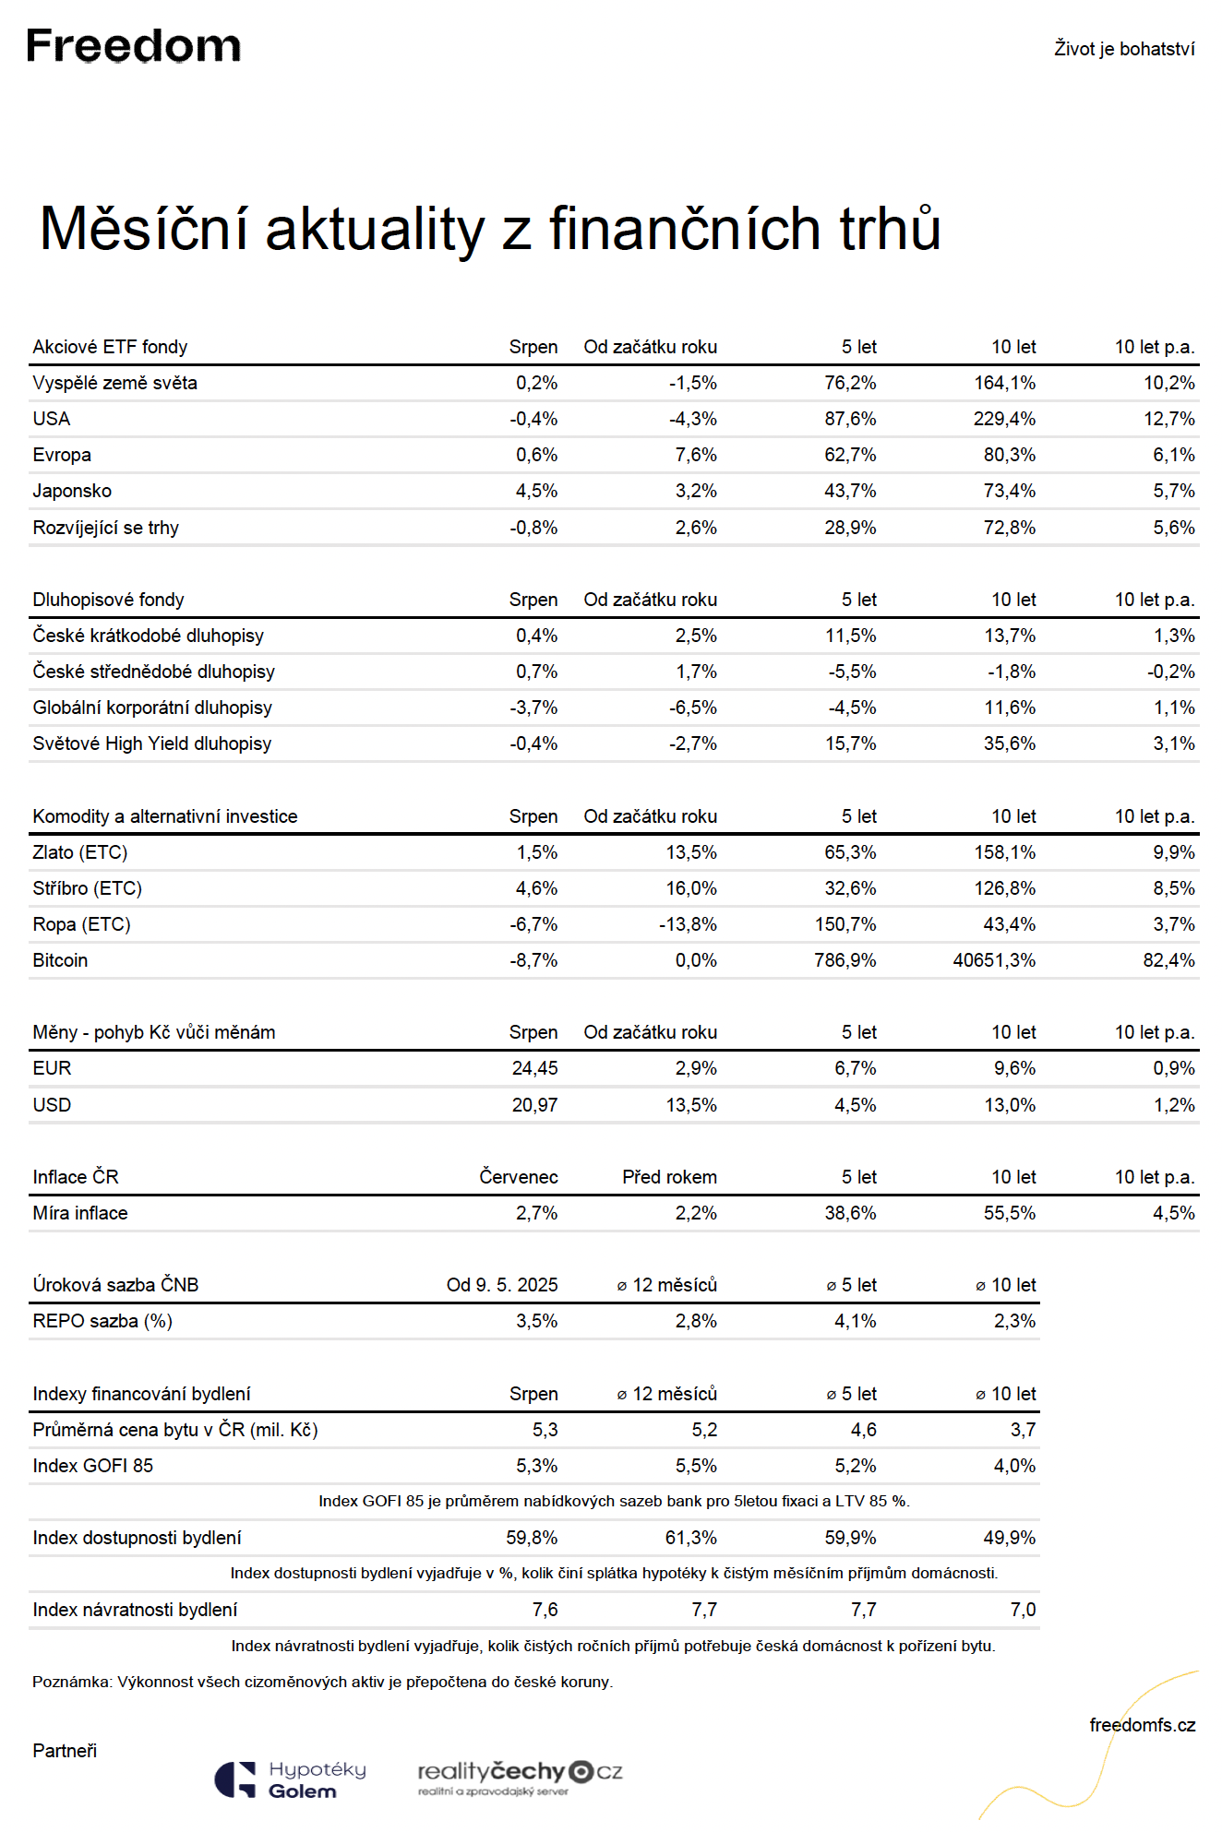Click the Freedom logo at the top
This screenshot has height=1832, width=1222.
click(134, 45)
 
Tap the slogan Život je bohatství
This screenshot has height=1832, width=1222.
click(1124, 49)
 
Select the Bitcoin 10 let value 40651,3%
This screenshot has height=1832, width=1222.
click(994, 960)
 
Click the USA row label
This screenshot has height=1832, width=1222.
click(52, 419)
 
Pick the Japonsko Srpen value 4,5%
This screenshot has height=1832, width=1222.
click(536, 491)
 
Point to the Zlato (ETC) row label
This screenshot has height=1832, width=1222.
click(80, 852)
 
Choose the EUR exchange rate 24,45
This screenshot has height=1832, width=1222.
click(535, 1068)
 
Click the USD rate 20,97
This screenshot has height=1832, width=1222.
click(535, 1105)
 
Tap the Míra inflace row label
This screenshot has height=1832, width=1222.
click(80, 1213)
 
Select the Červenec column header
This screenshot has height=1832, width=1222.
click(519, 1177)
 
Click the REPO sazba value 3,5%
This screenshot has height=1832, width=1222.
click(536, 1321)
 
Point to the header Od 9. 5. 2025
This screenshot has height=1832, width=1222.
click(502, 1285)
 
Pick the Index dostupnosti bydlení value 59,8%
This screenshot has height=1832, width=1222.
click(532, 1538)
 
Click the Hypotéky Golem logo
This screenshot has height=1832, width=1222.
click(291, 1779)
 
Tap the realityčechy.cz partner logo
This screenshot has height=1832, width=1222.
click(521, 1777)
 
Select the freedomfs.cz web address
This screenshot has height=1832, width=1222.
click(1143, 1725)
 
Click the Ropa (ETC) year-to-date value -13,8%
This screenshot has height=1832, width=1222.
click(688, 924)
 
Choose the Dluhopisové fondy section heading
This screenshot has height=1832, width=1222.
click(109, 600)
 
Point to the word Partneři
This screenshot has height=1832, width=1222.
click(65, 1751)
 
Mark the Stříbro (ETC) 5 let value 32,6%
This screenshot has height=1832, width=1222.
click(850, 888)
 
